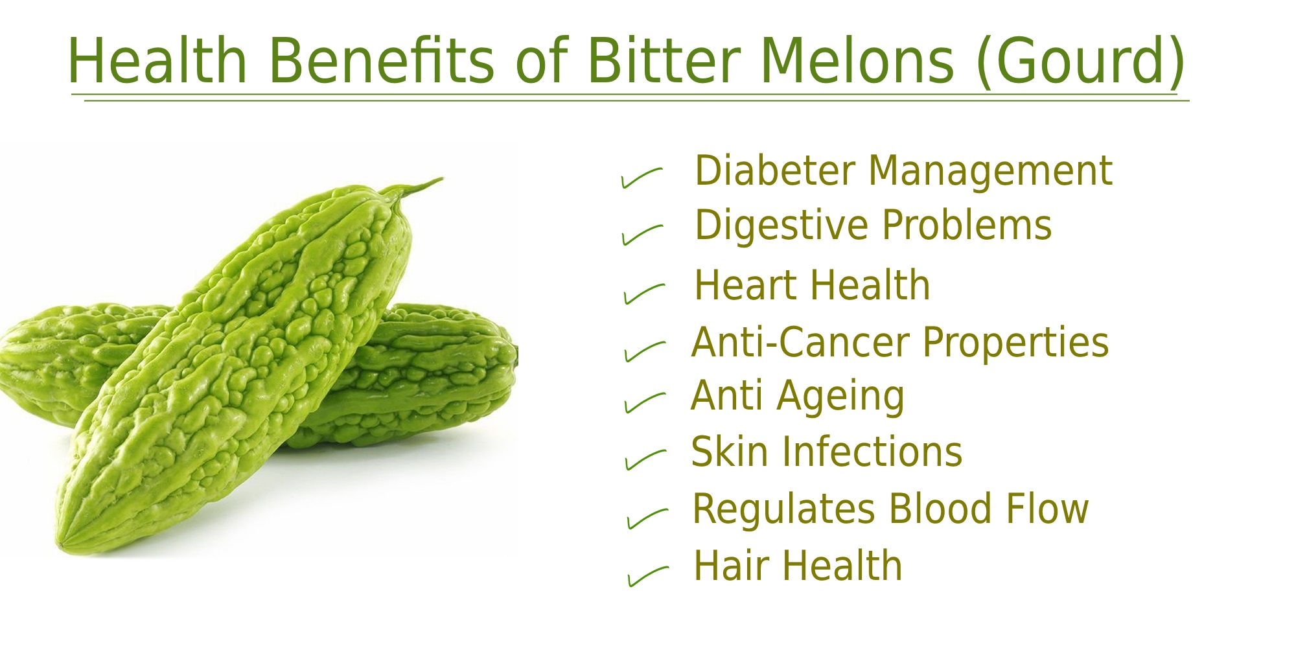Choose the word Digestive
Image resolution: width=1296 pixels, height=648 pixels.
tap(781, 227)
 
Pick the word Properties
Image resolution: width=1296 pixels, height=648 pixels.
tap(1015, 344)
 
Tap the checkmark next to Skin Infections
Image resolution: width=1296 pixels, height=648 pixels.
tap(645, 459)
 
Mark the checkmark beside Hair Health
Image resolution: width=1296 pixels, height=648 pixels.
tap(648, 576)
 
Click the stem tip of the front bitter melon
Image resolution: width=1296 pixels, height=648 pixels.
tap(443, 178)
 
